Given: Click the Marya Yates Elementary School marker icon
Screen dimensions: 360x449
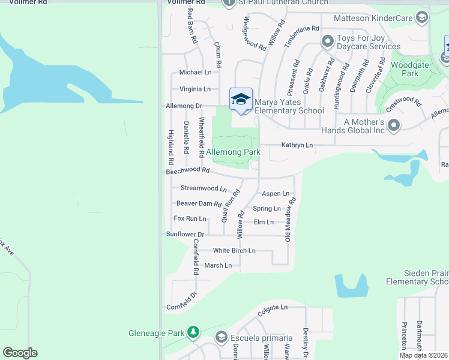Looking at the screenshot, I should point(241,98).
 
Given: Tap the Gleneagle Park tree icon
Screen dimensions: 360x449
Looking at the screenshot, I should point(193,332).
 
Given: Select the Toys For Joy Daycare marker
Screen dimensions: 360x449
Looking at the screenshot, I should point(327,41).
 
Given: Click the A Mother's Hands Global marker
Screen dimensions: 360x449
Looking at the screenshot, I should point(394,125).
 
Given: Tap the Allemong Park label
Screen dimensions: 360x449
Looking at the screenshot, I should point(234,152).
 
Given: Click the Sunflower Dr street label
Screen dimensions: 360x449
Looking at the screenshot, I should point(185,234).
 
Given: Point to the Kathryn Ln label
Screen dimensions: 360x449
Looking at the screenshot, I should point(298,145).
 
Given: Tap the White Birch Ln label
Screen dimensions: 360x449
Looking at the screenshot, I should point(234,250).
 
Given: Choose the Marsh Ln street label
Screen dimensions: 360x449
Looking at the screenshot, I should point(218,265).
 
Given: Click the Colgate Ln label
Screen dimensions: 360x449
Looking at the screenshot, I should point(273,307).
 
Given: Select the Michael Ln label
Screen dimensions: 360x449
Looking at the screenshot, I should point(196,72).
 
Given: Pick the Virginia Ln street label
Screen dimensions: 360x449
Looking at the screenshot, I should point(194,89).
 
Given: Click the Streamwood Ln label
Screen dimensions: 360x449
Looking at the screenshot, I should point(203,188).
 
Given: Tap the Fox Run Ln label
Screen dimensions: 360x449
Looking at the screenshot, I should point(190,219).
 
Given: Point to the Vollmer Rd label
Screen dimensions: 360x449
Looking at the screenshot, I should point(183,2).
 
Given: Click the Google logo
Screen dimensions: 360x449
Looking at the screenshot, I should point(20,353).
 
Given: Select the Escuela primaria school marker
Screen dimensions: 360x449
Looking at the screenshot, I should point(221,337).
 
